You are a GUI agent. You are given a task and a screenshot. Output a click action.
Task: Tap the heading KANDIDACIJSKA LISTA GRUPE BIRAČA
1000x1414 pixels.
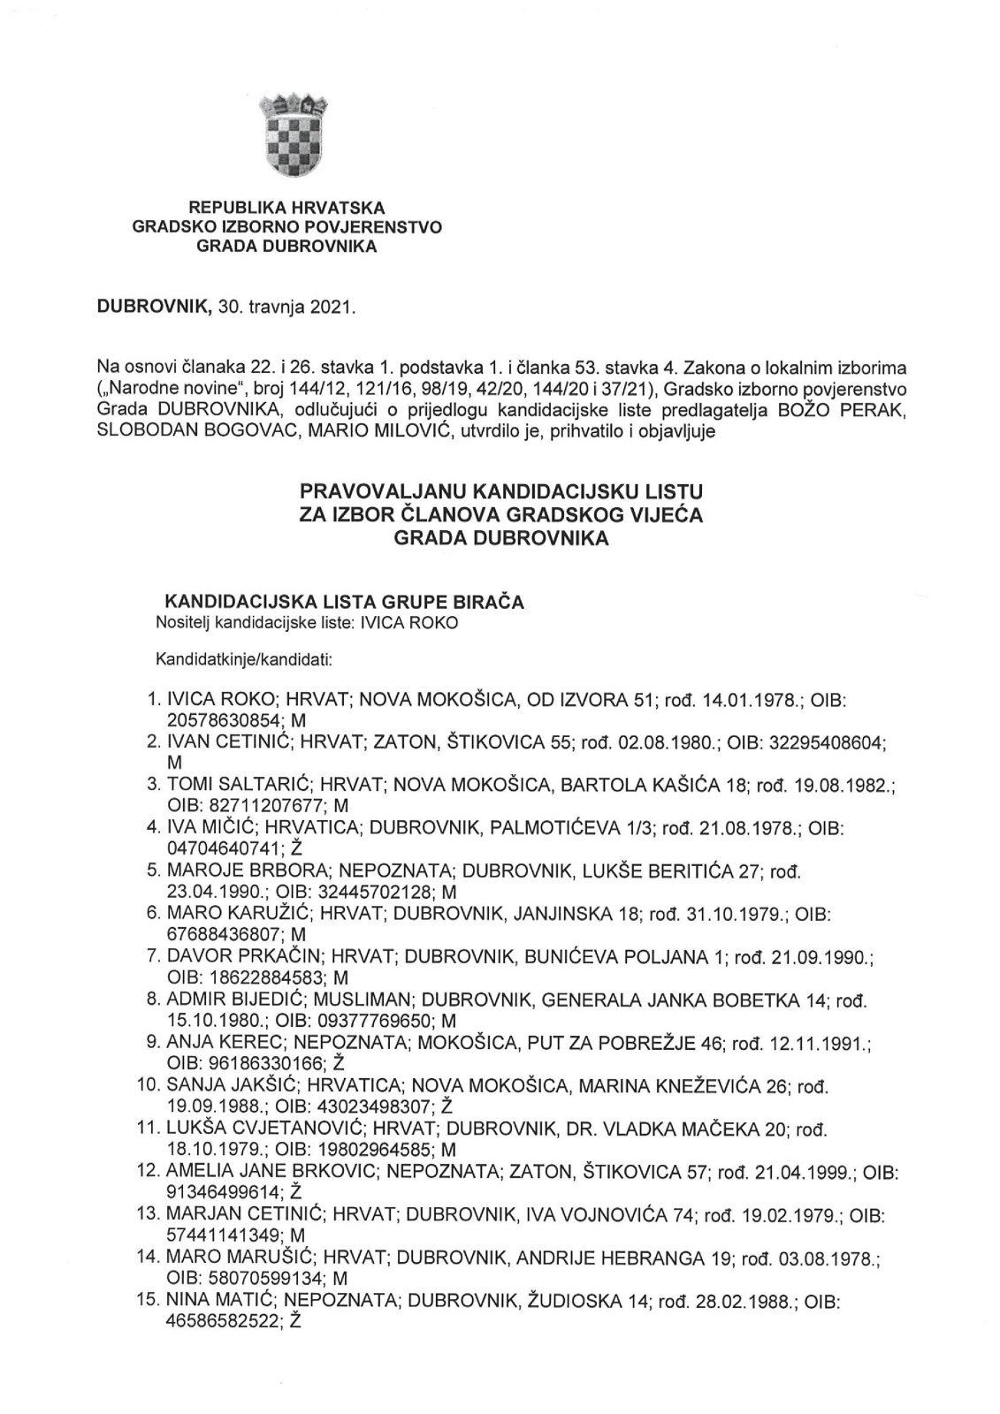click(x=340, y=602)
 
